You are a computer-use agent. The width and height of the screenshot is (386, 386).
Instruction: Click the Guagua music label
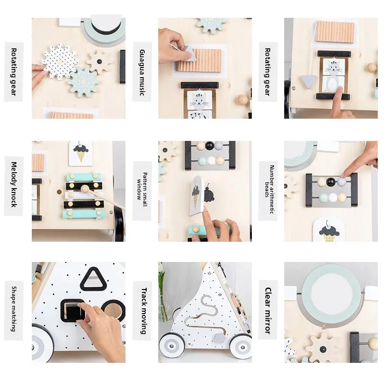[x=142, y=72]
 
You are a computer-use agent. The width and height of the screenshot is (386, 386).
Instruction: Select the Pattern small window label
[x=142, y=191]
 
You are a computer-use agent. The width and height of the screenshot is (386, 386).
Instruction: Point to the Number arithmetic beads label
[x=269, y=191]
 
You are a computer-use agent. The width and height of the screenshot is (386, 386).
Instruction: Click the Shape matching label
[x=14, y=309]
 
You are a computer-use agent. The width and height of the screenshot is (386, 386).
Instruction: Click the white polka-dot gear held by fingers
[x=59, y=62]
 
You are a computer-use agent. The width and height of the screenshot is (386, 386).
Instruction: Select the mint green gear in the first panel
[x=84, y=81]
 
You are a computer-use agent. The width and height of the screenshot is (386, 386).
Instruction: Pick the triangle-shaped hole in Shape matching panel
[x=95, y=278]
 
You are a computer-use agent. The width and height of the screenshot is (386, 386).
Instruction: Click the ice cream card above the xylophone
[x=80, y=152]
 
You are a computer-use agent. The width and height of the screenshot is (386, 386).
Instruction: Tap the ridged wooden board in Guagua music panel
[x=198, y=60]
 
